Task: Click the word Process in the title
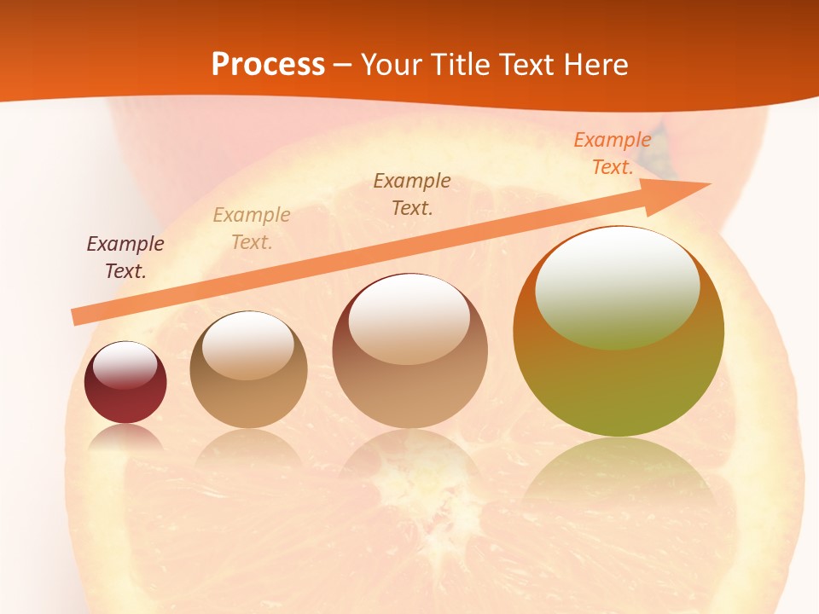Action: click(268, 65)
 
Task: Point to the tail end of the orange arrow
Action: click(77, 316)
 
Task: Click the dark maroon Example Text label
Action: click(125, 257)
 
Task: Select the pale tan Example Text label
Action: click(252, 228)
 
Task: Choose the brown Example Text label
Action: click(412, 194)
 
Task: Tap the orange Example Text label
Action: click(613, 153)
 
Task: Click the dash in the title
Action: click(343, 65)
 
